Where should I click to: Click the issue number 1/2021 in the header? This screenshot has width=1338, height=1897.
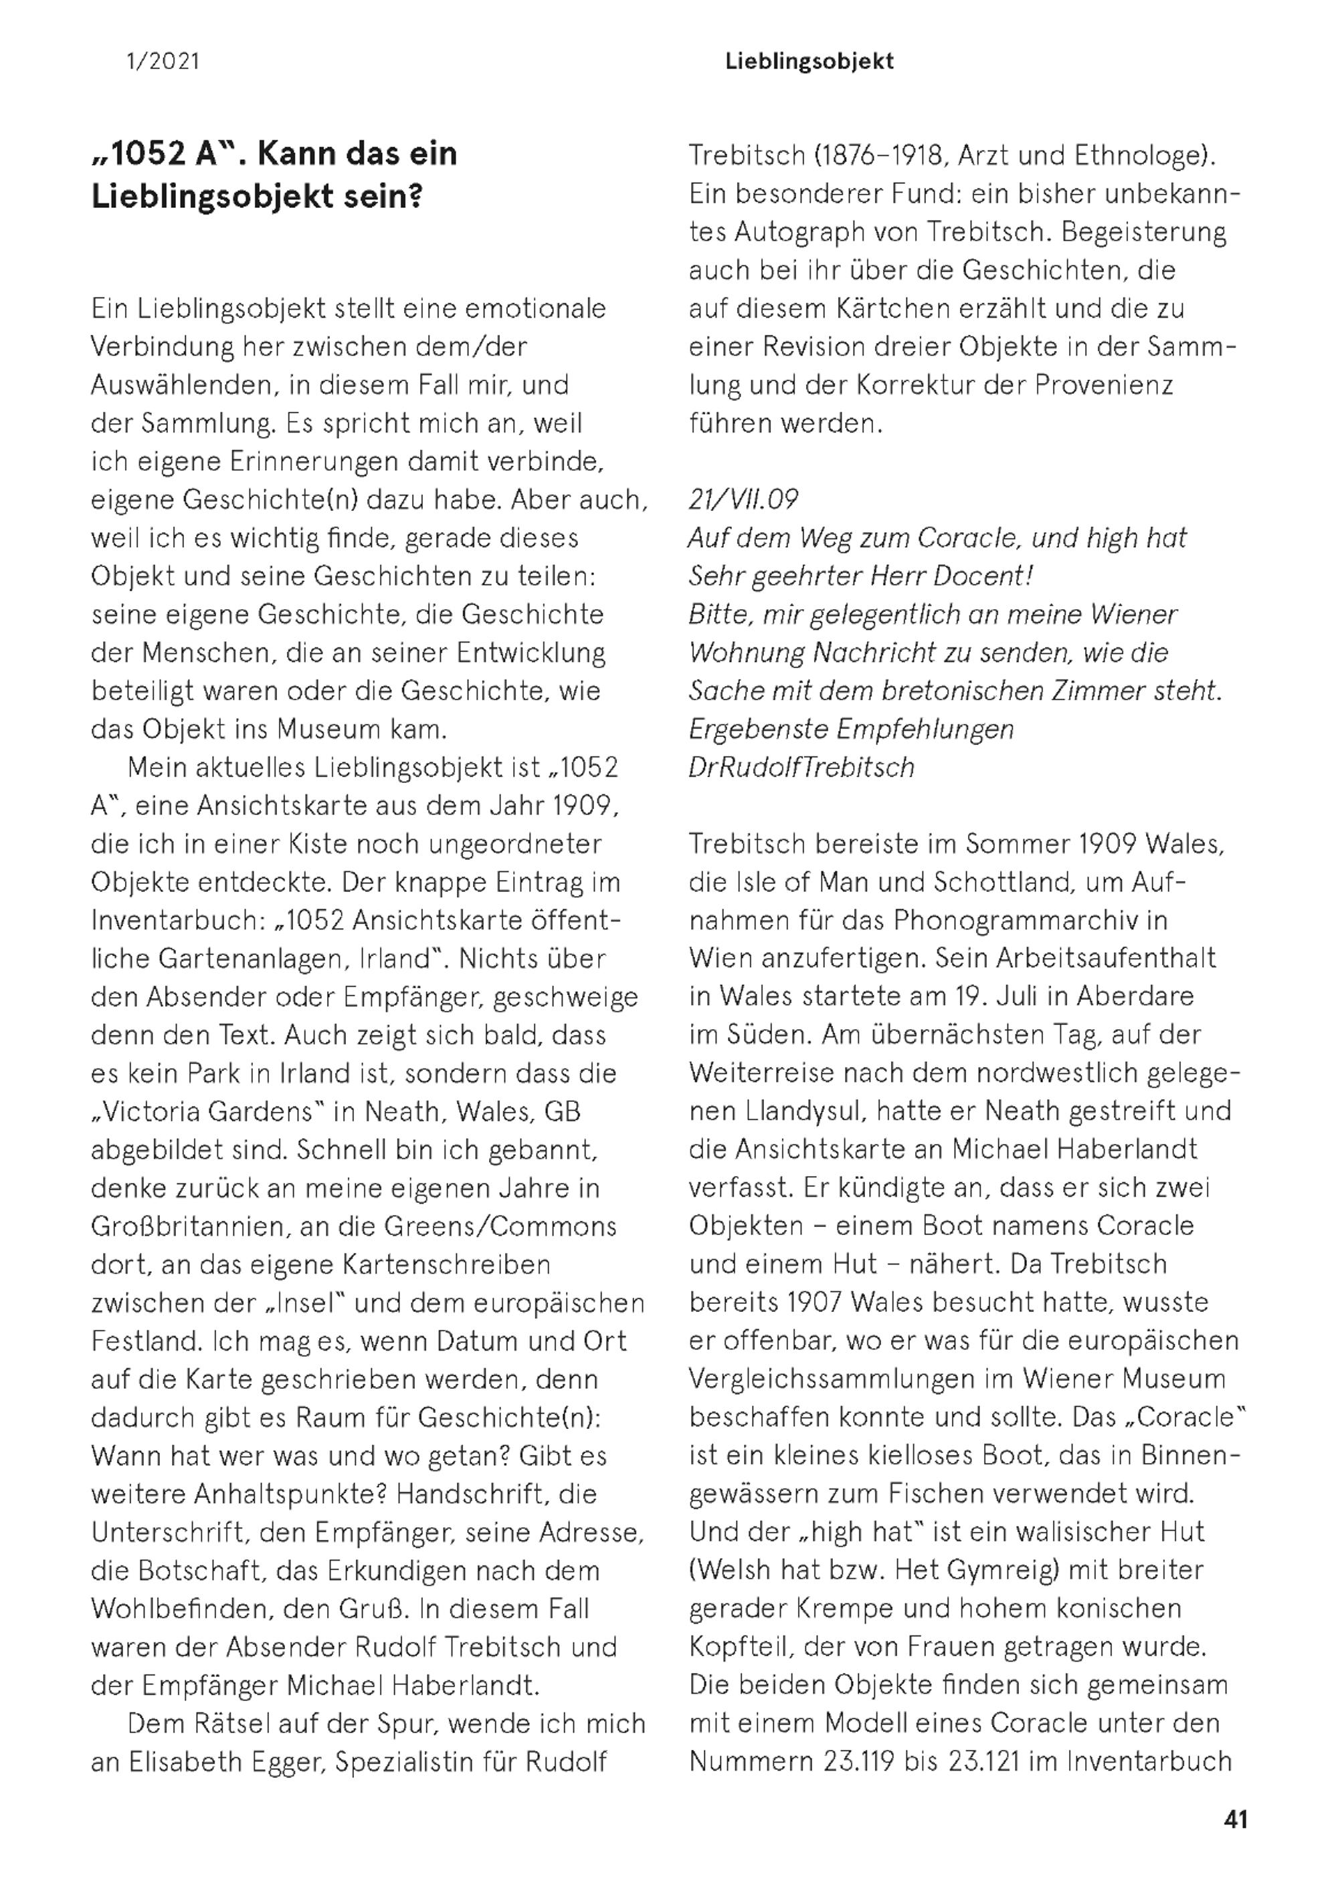(x=163, y=61)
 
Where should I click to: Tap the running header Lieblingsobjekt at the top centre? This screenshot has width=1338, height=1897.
(x=809, y=61)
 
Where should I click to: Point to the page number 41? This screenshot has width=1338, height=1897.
(x=1236, y=1819)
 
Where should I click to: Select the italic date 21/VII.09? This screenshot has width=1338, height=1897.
(x=743, y=500)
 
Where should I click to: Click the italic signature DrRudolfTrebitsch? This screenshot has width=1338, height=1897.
(x=801, y=768)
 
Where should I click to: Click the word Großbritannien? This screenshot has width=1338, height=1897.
(x=190, y=1226)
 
